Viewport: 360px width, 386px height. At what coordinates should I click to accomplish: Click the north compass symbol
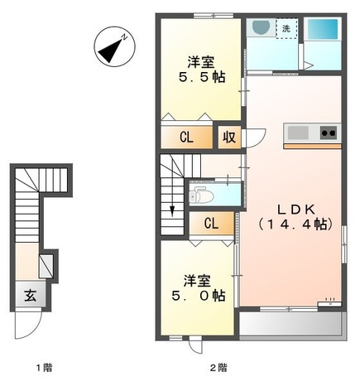tap(115, 46)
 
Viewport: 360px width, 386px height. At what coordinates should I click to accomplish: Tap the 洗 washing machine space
tap(286, 28)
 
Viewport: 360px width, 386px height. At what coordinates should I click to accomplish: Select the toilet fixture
tap(202, 195)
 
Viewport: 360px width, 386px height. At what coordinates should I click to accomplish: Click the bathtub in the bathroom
tap(323, 29)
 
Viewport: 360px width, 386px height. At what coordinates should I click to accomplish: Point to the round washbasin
tap(261, 27)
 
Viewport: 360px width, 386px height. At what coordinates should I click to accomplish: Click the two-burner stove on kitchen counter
tap(329, 133)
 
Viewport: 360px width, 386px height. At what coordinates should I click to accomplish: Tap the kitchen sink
tap(298, 133)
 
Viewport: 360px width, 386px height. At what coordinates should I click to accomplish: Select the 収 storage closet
tap(229, 137)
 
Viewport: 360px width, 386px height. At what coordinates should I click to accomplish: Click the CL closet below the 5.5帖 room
tap(187, 137)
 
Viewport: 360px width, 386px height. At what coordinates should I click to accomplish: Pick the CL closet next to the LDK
tap(212, 223)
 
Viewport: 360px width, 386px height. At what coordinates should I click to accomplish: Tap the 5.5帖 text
tap(202, 77)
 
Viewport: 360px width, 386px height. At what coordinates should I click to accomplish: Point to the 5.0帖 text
tap(198, 296)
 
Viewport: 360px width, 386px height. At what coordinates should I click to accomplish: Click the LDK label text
tap(296, 210)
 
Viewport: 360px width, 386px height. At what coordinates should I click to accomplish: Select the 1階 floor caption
tap(44, 368)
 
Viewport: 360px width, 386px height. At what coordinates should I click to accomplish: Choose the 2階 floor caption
tap(218, 368)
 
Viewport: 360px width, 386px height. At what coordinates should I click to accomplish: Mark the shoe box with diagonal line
tap(46, 266)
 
